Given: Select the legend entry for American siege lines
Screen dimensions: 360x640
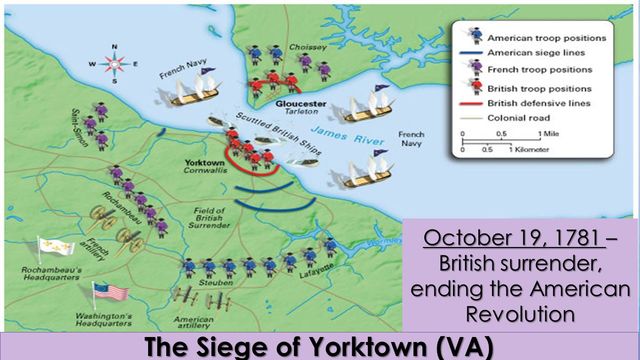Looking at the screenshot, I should (535, 52).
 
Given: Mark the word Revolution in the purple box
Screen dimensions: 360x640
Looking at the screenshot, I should (520, 313).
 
